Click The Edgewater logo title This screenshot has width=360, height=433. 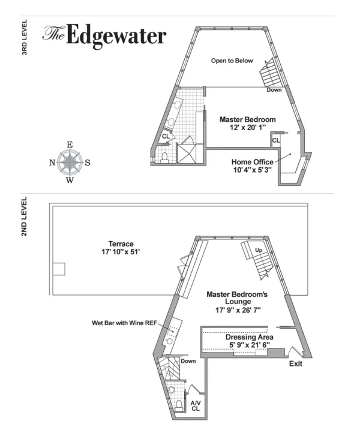click(104, 36)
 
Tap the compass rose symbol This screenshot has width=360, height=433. click(70, 162)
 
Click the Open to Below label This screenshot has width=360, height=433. click(232, 61)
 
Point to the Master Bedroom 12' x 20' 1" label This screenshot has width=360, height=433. click(247, 124)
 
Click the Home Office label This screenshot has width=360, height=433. click(252, 166)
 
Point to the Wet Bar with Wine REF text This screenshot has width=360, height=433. click(122, 323)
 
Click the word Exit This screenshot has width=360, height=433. click(295, 364)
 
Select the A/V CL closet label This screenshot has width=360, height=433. click(196, 406)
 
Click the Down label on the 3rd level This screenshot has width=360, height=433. click(274, 90)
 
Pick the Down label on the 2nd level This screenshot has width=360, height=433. click(188, 361)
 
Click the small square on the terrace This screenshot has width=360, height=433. click(58, 269)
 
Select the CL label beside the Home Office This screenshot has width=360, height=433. click(275, 140)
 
